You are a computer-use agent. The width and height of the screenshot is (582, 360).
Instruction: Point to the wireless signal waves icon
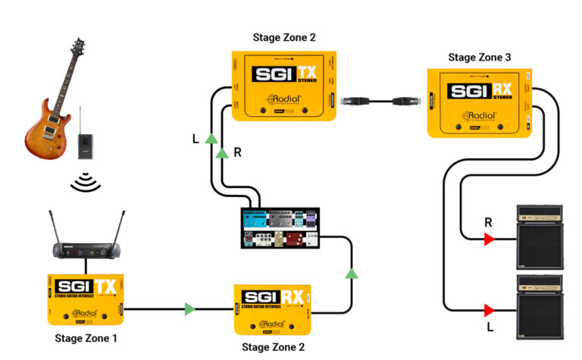pyautogui.click(x=85, y=181)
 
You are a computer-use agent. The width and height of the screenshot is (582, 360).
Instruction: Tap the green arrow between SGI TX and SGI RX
pyautogui.click(x=189, y=309)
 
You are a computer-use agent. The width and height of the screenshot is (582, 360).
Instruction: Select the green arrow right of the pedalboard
pyautogui.click(x=351, y=273)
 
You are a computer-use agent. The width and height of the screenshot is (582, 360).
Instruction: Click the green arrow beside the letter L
pyautogui.click(x=211, y=139)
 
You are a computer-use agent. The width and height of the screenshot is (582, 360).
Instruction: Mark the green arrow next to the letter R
pyautogui.click(x=223, y=154)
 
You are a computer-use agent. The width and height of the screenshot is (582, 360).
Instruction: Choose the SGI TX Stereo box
pyautogui.click(x=284, y=84)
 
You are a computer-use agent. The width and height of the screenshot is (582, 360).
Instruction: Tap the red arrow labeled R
pyautogui.click(x=490, y=240)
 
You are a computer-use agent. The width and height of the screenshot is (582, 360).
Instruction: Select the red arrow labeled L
pyautogui.click(x=490, y=309)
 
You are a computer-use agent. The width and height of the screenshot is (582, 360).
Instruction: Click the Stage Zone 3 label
pyautogui.click(x=480, y=57)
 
